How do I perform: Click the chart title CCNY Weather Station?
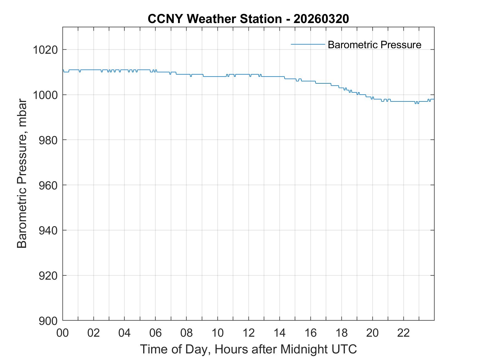coord(214,19)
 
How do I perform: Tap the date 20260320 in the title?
coord(321,19)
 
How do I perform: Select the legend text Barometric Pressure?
coord(374,45)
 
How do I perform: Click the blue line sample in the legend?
coord(308,44)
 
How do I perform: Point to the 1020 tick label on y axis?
coord(45,50)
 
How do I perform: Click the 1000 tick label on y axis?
coord(45,95)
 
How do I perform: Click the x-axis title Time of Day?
coord(176,349)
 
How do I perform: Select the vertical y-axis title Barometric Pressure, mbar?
coord(22,174)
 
